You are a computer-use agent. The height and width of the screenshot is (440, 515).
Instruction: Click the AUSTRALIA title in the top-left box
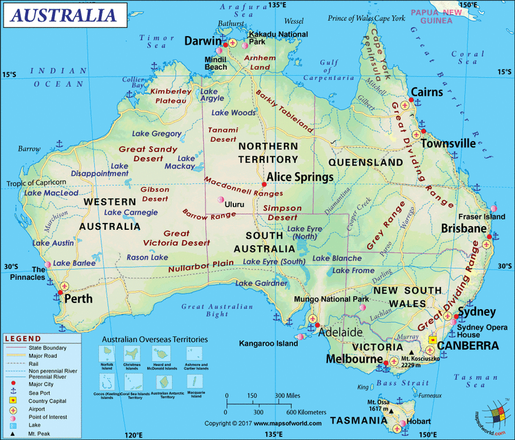pos(64,15)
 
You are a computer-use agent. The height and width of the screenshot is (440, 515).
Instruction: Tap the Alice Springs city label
pos(300,177)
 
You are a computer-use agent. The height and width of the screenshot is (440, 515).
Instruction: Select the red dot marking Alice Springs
pos(264,184)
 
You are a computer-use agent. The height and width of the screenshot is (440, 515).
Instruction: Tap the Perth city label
pos(79,299)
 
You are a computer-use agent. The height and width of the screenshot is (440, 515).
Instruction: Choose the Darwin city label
pos(203,42)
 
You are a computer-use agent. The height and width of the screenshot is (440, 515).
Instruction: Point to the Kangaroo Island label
pos(268,343)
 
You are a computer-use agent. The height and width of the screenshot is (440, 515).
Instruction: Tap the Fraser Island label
pos(482,216)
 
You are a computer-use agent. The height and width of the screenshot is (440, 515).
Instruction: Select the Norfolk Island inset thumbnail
pos(107,354)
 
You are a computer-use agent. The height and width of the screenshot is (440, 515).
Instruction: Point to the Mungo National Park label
pos(331,299)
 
